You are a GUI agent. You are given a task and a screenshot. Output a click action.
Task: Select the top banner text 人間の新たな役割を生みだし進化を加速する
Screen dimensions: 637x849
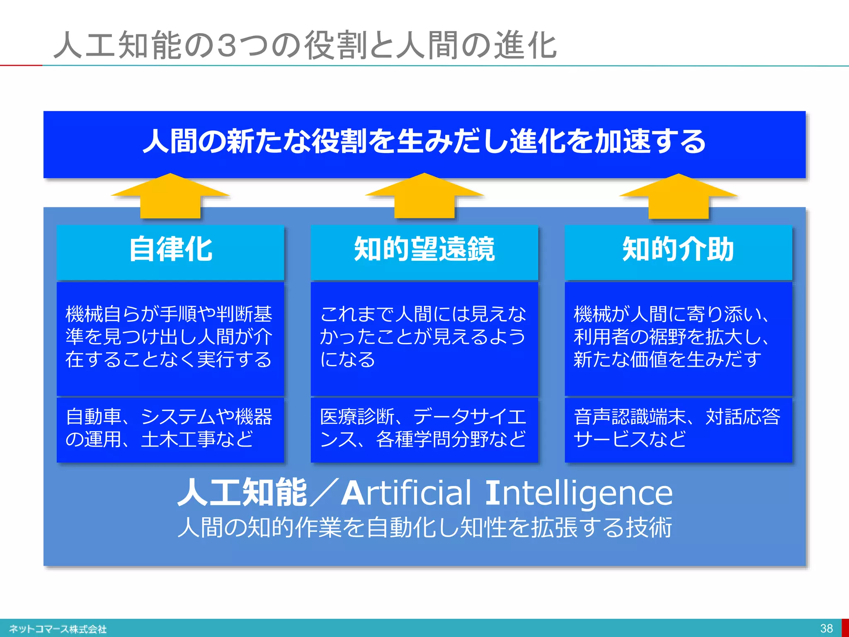tap(424, 141)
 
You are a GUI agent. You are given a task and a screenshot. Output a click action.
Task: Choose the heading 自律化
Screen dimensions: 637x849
tap(170, 250)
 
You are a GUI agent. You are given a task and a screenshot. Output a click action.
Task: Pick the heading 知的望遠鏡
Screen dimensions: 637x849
tap(424, 250)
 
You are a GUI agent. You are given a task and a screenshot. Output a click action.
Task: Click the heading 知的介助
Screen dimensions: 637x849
tap(678, 250)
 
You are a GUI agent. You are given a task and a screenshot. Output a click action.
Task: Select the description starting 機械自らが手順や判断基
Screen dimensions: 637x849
tap(169, 337)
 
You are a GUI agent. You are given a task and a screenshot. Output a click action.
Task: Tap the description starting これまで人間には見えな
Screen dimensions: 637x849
tap(423, 337)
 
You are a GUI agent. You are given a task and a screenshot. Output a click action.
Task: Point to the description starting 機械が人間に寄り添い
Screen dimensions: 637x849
tap(672, 337)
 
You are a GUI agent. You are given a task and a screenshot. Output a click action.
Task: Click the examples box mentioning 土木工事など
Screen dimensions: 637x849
tap(169, 428)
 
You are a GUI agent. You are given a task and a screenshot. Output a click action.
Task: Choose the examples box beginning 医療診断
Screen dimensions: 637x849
tap(423, 428)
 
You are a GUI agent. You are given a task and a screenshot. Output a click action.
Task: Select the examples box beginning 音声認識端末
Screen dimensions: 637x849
tap(677, 428)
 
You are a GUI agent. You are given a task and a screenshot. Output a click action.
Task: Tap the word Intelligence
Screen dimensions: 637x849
tap(578, 494)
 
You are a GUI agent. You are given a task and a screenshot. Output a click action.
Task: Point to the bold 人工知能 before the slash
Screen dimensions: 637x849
tap(242, 493)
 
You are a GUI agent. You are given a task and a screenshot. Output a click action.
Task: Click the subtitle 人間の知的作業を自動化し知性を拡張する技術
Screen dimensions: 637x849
tap(424, 528)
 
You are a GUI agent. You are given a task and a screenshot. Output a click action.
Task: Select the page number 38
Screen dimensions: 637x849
tap(826, 628)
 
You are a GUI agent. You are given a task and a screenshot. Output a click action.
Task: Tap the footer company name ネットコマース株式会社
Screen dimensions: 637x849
tap(58, 629)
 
